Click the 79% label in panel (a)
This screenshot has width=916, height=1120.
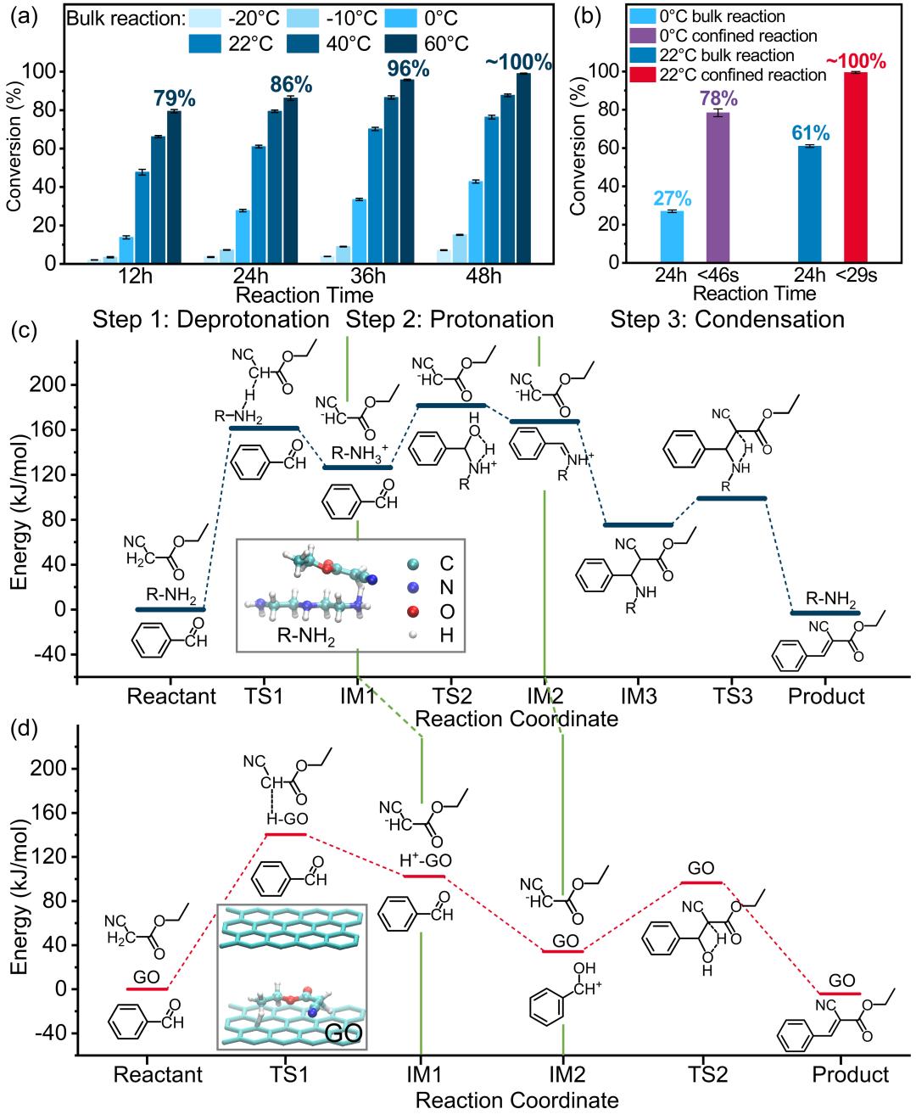click(x=174, y=98)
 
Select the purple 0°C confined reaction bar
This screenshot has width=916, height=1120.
click(x=718, y=187)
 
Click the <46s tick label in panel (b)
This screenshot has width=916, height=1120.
click(x=718, y=277)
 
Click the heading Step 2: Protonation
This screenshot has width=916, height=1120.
click(x=450, y=319)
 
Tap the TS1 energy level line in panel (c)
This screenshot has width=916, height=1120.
click(x=265, y=428)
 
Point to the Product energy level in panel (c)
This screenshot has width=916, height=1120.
click(x=824, y=613)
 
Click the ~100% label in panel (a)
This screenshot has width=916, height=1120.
click(x=517, y=62)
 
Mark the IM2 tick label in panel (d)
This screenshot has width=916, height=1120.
click(x=562, y=1073)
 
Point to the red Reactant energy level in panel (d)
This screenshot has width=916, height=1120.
click(x=147, y=988)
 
